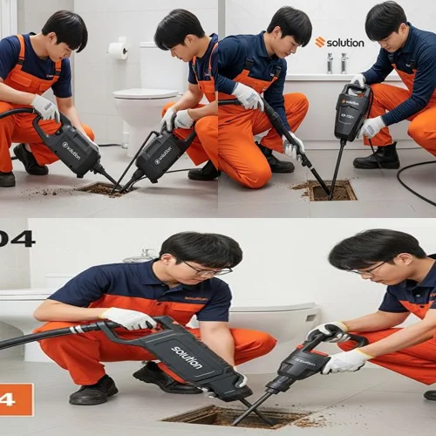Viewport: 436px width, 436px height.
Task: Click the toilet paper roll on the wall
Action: [117, 51]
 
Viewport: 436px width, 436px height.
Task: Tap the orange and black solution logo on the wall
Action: [339, 42]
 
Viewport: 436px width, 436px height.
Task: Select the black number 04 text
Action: [17, 238]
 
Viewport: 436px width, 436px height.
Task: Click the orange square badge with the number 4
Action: [16, 399]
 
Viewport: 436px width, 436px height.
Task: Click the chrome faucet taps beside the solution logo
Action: [335, 63]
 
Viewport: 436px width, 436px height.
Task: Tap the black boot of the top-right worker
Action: [379, 156]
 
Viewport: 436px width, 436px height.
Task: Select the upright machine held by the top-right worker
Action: [351, 113]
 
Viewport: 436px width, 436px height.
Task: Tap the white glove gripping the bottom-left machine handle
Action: [127, 318]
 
